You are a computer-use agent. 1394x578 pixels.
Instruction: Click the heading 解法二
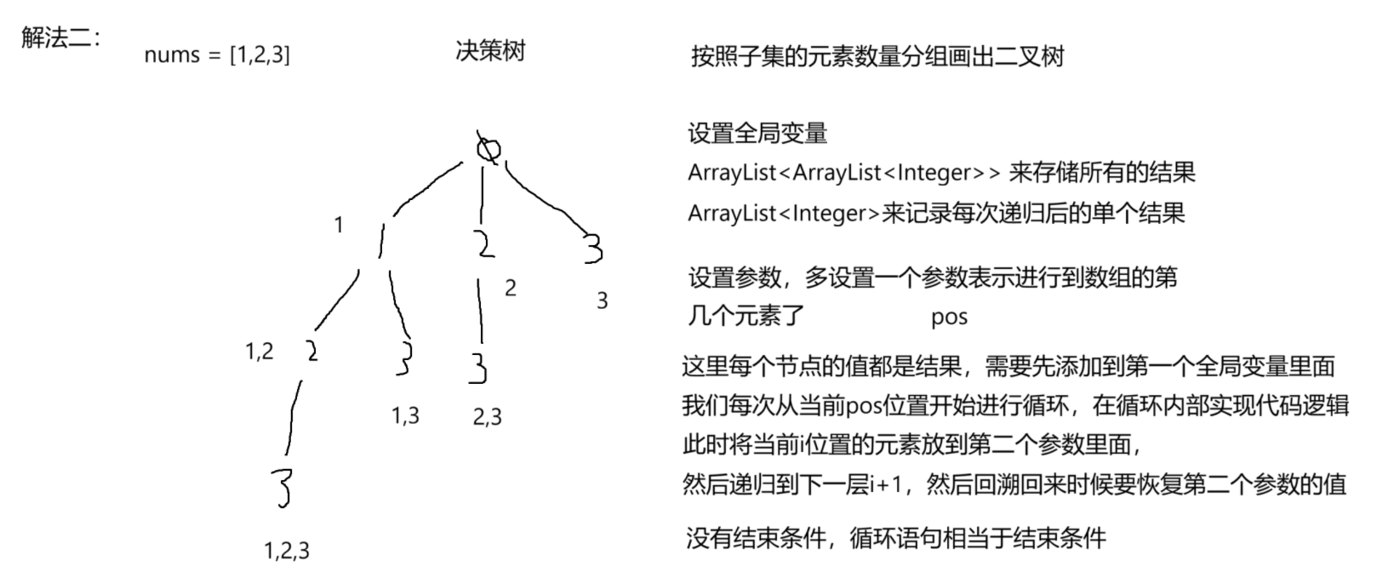(x=60, y=37)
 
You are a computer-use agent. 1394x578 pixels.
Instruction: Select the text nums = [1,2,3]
(x=217, y=55)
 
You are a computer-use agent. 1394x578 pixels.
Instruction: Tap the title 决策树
(x=490, y=51)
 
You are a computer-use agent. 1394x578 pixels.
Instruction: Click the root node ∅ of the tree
(x=488, y=148)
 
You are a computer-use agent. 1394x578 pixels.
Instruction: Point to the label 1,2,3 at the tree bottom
(x=287, y=551)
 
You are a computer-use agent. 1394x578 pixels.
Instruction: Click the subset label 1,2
(x=260, y=351)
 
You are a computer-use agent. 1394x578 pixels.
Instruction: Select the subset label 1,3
(x=405, y=415)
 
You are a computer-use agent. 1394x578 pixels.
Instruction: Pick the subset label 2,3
(x=488, y=416)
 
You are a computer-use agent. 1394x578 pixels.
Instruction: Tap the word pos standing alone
(x=949, y=318)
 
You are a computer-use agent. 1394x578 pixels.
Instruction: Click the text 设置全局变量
(x=757, y=134)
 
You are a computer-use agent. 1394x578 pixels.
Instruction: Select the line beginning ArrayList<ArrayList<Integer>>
(x=941, y=173)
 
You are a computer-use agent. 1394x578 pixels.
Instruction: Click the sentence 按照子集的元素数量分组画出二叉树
(x=877, y=57)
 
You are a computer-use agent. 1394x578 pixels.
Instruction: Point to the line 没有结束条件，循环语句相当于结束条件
(x=895, y=538)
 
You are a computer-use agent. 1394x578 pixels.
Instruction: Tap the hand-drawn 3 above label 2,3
(x=479, y=368)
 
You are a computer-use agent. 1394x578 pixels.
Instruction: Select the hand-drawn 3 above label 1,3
(x=405, y=359)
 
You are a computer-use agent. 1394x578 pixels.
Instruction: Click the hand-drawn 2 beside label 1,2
(x=312, y=350)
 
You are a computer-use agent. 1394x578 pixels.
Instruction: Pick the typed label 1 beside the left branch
(x=339, y=225)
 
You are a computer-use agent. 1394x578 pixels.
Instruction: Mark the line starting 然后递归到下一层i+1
(x=1014, y=484)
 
